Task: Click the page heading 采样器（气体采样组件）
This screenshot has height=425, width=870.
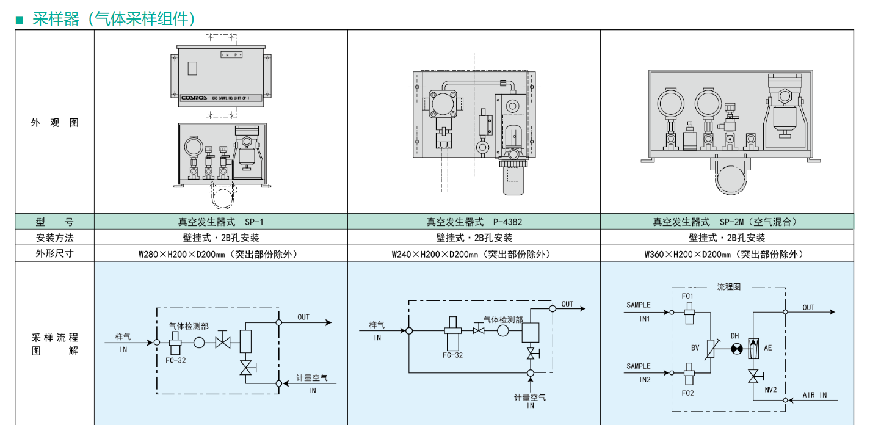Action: click(x=114, y=18)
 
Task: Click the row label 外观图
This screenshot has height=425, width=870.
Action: click(x=55, y=122)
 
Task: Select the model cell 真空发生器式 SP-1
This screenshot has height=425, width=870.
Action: click(x=220, y=222)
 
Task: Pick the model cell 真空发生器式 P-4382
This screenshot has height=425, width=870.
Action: click(x=474, y=222)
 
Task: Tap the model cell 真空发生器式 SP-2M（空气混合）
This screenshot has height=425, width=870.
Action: click(x=727, y=222)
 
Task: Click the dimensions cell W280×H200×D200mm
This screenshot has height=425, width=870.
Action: click(x=220, y=253)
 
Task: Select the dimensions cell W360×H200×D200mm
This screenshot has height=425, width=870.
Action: click(x=727, y=253)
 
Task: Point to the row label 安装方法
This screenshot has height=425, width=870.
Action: click(x=55, y=238)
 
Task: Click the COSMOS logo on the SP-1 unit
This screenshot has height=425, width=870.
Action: click(x=194, y=97)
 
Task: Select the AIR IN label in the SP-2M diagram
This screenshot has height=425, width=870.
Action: click(x=814, y=395)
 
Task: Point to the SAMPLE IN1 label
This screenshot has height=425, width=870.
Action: click(x=639, y=311)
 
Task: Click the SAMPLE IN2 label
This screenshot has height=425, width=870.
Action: click(x=639, y=372)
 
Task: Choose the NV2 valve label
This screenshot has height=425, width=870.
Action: click(x=770, y=389)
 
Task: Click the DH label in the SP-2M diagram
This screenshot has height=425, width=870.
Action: click(x=735, y=336)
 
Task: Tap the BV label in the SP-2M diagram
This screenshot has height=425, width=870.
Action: click(x=695, y=347)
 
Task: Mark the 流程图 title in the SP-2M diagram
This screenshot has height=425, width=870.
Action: click(x=728, y=286)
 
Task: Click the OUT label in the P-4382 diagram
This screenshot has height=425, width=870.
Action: click(x=568, y=304)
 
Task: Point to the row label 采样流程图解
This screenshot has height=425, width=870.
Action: click(x=55, y=344)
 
